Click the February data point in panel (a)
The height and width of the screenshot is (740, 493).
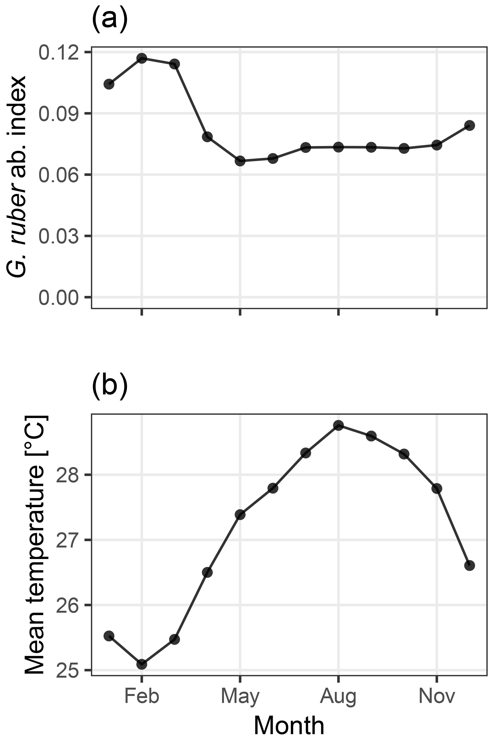[142, 58]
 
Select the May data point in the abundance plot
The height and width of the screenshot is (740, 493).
[240, 161]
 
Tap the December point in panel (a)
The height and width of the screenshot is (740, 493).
[469, 125]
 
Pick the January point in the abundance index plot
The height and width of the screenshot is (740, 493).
[109, 84]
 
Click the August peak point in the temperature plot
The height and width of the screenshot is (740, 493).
[338, 426]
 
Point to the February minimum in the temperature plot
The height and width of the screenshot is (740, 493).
[142, 664]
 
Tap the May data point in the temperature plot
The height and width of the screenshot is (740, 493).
[240, 515]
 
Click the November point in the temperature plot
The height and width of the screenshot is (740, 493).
[437, 488]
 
